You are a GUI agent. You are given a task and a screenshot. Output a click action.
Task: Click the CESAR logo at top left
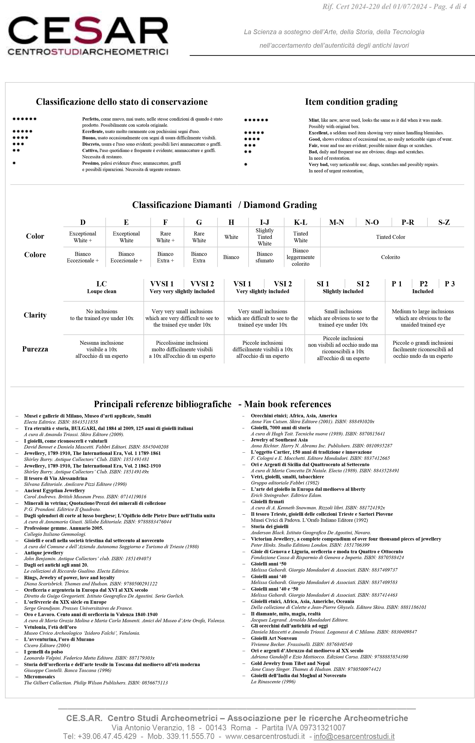coord(88,36)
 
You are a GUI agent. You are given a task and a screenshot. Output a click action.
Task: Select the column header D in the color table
coord(83,222)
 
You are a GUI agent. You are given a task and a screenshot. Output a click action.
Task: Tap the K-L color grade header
coord(300,222)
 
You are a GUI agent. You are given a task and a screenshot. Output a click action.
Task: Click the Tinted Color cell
coord(390,237)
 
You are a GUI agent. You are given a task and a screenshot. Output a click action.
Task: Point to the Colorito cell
coord(390,257)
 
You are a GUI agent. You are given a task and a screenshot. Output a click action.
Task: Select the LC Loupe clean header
coord(101,287)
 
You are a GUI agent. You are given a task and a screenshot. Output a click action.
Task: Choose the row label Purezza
coord(35,349)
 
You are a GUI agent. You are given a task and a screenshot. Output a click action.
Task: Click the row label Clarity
coord(35,315)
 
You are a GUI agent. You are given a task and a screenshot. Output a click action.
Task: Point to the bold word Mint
coord(314,120)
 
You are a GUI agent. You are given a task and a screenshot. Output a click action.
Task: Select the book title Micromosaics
coord(40,677)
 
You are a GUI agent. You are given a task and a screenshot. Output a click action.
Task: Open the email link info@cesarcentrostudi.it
coord(354,736)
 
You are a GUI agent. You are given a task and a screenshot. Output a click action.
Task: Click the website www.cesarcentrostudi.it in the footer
coord(265,736)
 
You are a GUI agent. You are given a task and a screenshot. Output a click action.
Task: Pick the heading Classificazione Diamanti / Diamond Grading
coord(225,205)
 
